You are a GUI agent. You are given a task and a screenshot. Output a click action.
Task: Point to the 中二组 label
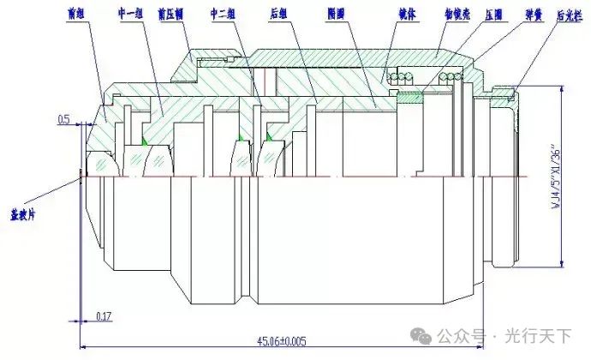point(224,15)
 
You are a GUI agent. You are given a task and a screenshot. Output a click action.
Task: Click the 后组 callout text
point(278,15)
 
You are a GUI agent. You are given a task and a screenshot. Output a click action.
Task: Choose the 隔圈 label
point(337,15)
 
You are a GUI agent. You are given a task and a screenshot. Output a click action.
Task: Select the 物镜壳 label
point(454,15)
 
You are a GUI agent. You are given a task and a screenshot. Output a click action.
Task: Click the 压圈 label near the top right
point(493,15)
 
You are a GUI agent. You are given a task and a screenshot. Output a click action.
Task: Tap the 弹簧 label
point(534,15)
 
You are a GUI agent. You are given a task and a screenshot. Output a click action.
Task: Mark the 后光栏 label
point(570,15)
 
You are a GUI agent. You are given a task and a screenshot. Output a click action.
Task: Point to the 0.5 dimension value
point(64,118)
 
